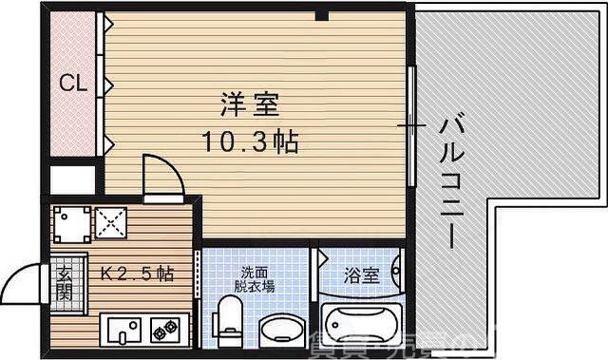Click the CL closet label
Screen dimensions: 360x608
tap(73, 84)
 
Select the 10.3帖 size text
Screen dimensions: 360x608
tap(250, 142)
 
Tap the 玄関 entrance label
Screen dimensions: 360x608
tap(65, 282)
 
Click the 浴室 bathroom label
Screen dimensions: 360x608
tap(362, 275)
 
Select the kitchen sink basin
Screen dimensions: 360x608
tap(123, 330)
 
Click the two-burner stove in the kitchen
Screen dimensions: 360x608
tap(164, 330)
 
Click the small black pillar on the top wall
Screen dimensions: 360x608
tap(323, 13)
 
